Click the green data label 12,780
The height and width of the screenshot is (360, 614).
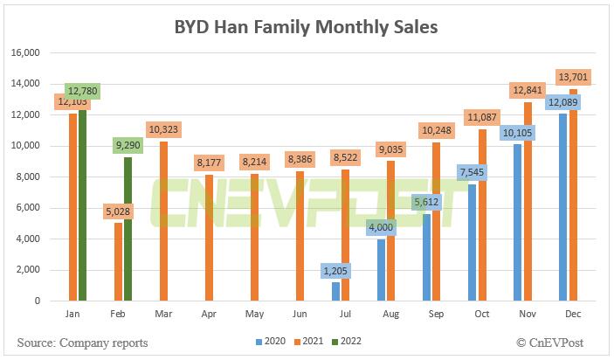83,91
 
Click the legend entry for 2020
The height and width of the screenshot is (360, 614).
270,342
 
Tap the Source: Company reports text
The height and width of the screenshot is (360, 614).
82,342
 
